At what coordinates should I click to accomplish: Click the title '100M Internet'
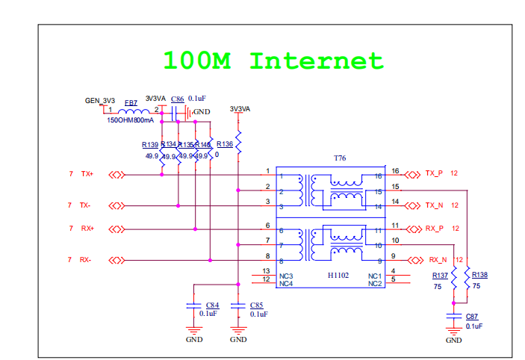coord(273,60)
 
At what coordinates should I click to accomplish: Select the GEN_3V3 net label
coord(100,100)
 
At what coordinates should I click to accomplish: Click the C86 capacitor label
coord(177,99)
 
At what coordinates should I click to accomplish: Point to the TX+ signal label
coord(87,174)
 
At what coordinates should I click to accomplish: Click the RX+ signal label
coord(87,229)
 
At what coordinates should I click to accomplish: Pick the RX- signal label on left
coord(86,260)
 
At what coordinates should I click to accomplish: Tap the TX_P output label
coord(434,173)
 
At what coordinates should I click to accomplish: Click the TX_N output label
coord(434,205)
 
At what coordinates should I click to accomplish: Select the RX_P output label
coord(434,229)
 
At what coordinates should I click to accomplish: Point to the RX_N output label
coord(438,260)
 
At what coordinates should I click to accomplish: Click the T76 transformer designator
coord(340,158)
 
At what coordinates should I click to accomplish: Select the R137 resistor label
coord(441,275)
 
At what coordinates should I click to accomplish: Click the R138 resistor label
coord(480,275)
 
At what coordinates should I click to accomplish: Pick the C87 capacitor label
coord(472,317)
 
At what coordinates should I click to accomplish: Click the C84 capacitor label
coord(212,305)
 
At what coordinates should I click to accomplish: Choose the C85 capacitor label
coord(258,305)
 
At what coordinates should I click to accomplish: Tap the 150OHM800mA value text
coord(131,120)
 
